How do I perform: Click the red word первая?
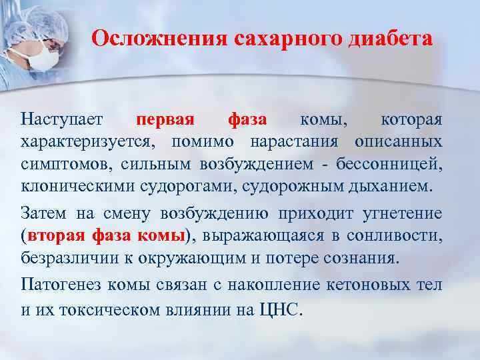(x=165, y=120)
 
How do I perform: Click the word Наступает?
(x=62, y=120)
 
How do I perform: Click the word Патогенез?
(x=59, y=285)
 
